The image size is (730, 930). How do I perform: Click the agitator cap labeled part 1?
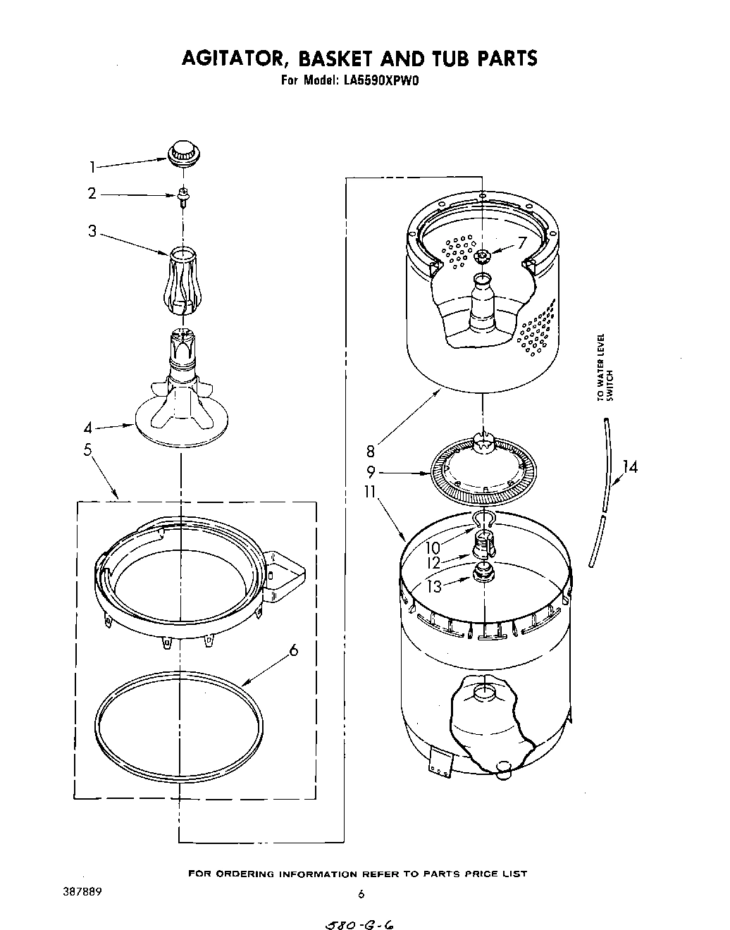[182, 153]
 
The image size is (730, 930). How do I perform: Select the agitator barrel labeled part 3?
[182, 281]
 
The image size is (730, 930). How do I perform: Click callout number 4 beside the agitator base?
[88, 428]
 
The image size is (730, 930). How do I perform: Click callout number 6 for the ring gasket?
[292, 651]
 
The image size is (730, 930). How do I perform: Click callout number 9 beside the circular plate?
[371, 473]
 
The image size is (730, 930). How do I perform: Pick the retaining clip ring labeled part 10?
[483, 519]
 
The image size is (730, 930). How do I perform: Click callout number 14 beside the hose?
[630, 466]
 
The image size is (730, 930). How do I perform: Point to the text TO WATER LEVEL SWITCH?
[605, 367]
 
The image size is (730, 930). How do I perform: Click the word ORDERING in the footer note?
[245, 874]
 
